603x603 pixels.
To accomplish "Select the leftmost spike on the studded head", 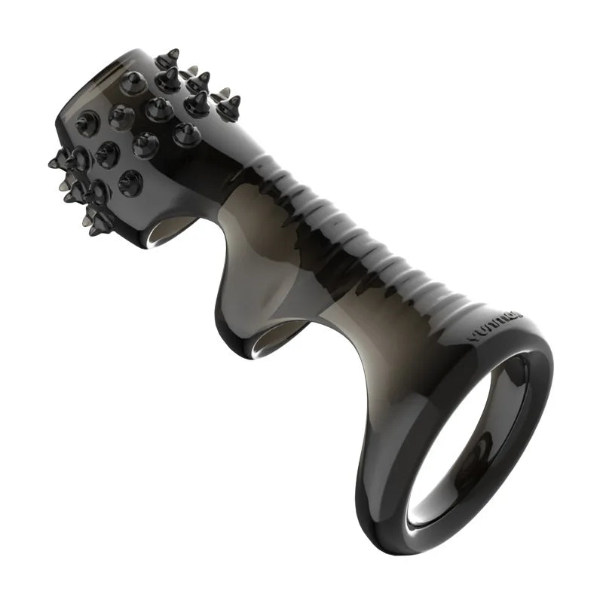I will [x=54, y=161].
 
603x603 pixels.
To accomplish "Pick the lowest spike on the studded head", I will [x=98, y=226].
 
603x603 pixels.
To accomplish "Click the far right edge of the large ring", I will [x=551, y=377].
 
